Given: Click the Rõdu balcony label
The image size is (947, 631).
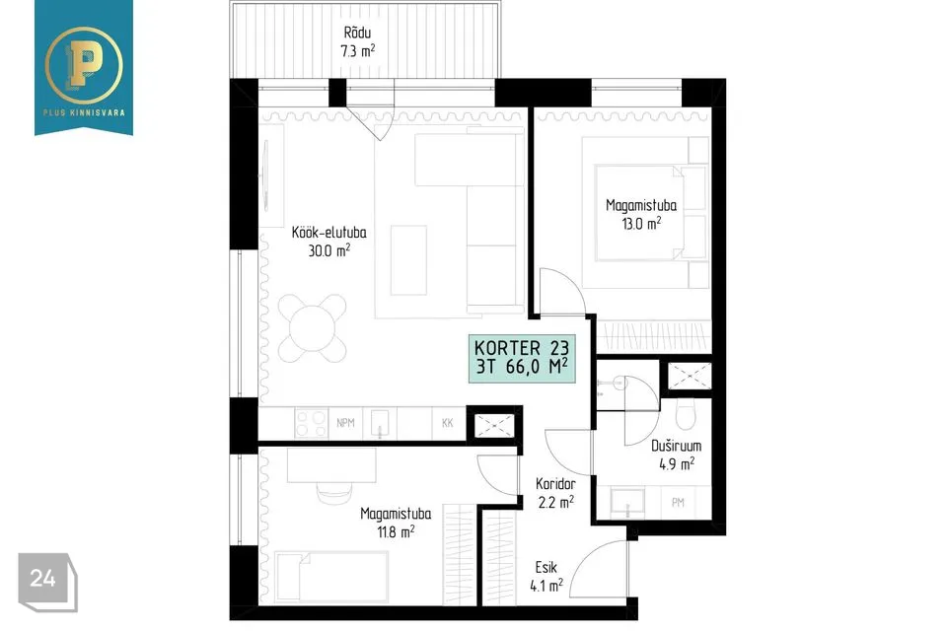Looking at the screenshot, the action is coord(357,41).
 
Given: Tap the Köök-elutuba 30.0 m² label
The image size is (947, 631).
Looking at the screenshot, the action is coord(329,242).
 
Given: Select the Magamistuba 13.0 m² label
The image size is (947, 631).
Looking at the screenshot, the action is coord(641,214).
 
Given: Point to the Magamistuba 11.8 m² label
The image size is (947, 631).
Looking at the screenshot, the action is coord(396,523).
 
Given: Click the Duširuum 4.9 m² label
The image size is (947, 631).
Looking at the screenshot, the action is coord(677,455).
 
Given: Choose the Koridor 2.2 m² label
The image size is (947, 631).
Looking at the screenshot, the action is coord(555,493).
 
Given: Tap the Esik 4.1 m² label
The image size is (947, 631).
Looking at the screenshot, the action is coord(546,576).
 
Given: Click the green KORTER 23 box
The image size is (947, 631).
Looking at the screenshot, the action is coord(522,358).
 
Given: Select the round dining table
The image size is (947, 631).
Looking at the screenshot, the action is coord(313,328).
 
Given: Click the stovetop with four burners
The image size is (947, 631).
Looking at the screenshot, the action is coord(311,423).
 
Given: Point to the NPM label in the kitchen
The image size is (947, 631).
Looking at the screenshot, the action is coord(345,423).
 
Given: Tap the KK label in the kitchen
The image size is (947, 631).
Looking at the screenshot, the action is coord(447,423).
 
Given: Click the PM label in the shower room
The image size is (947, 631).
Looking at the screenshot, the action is coord(678,502).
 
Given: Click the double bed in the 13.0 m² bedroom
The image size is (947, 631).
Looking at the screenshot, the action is coord(644,213).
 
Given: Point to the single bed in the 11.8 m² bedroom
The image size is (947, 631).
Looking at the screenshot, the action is coord(331,577).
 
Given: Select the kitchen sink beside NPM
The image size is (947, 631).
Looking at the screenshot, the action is coord(380,423).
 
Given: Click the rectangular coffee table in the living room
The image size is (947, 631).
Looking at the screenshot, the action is coord(408,260).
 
